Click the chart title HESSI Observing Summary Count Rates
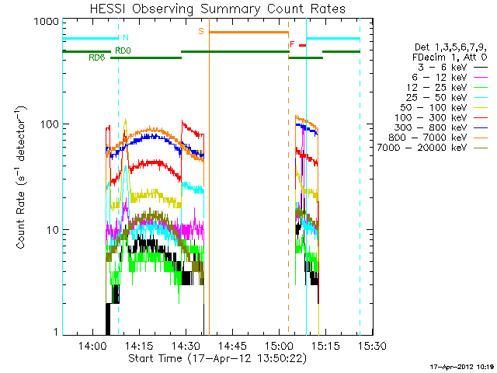click(x=217, y=9)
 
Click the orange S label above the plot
click(x=201, y=32)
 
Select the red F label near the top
click(x=292, y=45)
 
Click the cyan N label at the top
click(x=126, y=37)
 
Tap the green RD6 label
click(x=97, y=58)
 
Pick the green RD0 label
click(x=123, y=51)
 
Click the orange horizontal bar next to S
click(x=248, y=32)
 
